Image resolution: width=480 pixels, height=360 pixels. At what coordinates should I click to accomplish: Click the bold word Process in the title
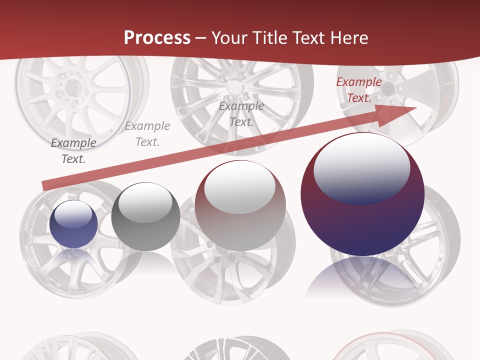click(157, 37)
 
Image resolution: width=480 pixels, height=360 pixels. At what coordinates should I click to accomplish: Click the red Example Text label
click(358, 90)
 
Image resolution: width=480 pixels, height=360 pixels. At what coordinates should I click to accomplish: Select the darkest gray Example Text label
click(73, 151)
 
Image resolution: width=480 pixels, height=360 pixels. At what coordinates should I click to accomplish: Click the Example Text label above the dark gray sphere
click(147, 134)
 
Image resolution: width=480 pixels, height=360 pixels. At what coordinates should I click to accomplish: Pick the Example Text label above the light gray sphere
click(241, 114)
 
